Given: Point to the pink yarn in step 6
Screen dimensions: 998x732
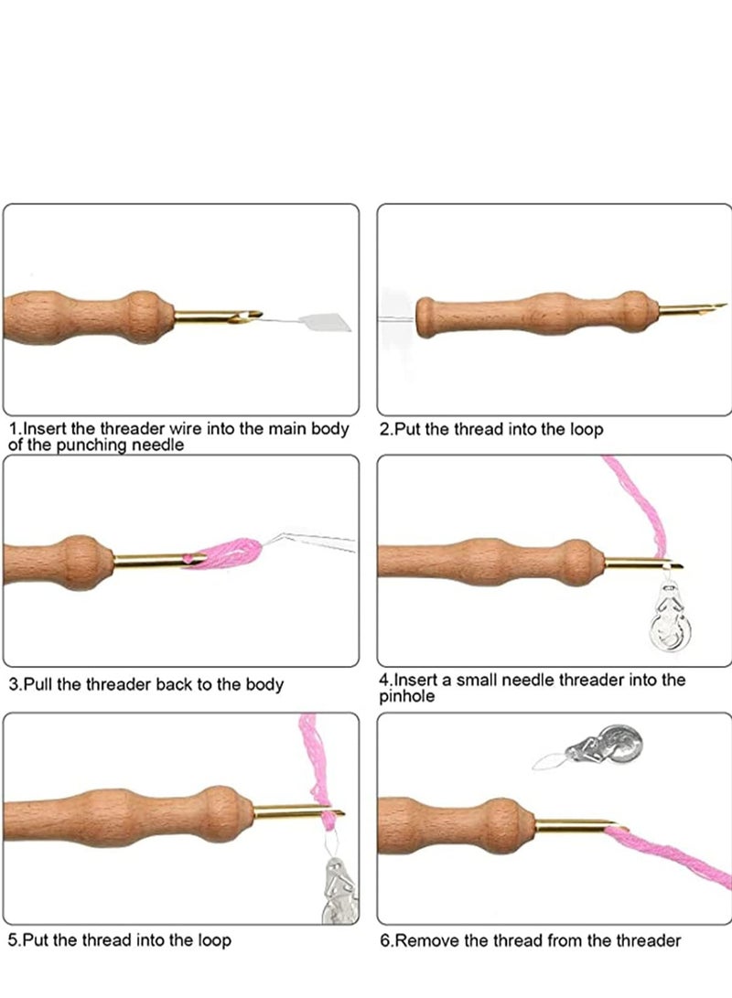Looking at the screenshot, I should coord(677,855).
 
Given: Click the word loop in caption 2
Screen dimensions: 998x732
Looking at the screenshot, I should coord(584,429).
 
